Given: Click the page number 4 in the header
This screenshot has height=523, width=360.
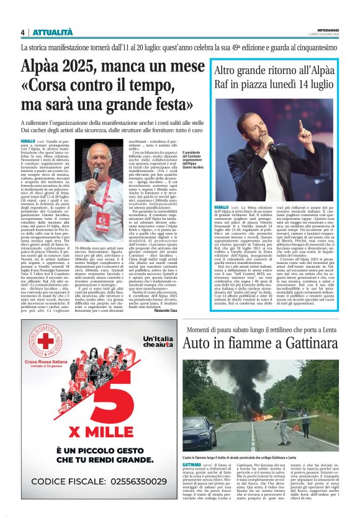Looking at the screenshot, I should [x=22, y=33].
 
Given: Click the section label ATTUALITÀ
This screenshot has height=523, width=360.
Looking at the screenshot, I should [x=49, y=33].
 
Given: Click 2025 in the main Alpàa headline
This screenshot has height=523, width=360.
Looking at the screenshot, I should [x=85, y=65].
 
